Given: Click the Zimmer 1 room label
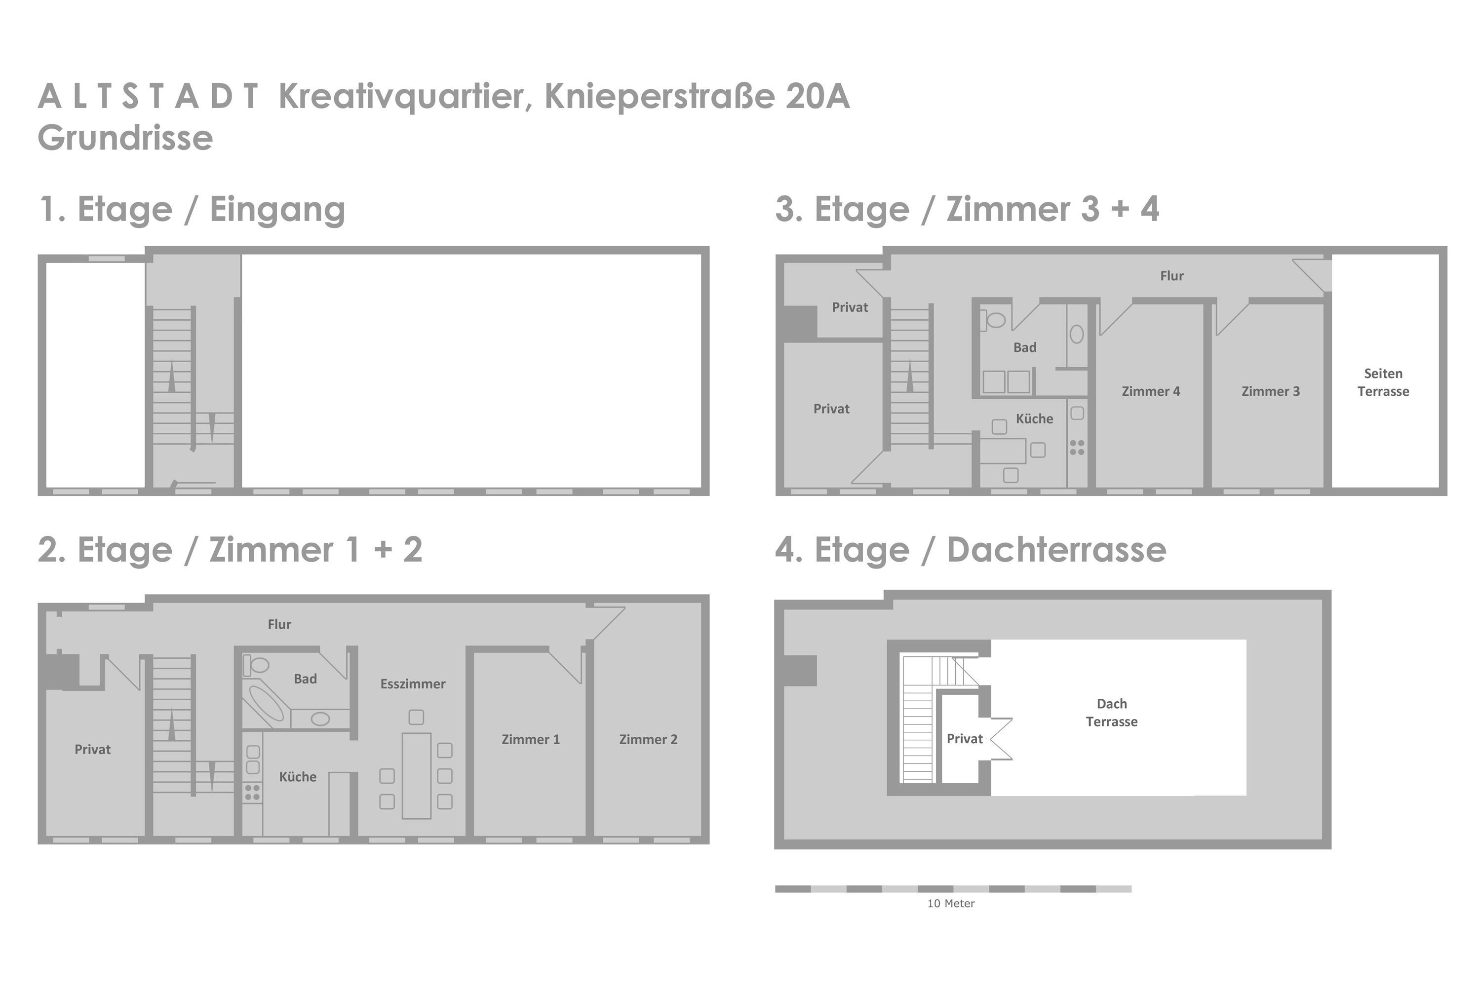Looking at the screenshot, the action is [x=530, y=740].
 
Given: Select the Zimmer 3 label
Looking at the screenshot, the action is [x=1270, y=391].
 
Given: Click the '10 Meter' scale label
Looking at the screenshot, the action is [x=951, y=904].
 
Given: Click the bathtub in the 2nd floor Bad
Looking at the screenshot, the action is [x=267, y=703].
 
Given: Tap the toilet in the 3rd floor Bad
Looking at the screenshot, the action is [x=992, y=320].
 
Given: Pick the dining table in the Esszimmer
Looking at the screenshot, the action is [x=416, y=776].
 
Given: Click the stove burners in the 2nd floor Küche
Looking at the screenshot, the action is [x=252, y=793].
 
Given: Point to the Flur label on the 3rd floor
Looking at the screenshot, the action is [x=1172, y=276].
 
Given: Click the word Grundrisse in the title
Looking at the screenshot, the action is [x=125, y=138].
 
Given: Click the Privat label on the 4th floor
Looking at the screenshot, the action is [x=965, y=739].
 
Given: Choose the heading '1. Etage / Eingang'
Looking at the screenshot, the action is [x=192, y=210].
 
